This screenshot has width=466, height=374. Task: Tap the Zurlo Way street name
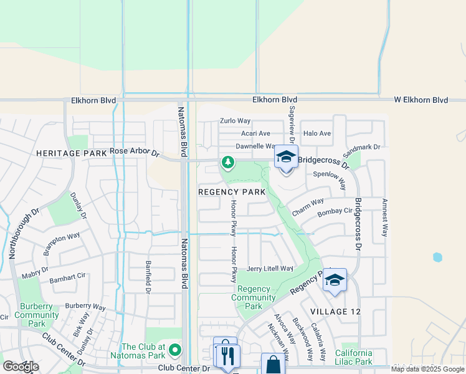tap(235, 121)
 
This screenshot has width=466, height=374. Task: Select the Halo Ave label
tap(316, 133)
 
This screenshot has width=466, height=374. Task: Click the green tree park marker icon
tap(228, 163)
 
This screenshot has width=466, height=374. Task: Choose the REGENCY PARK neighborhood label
tap(232, 192)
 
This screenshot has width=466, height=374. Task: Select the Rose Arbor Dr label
tap(135, 151)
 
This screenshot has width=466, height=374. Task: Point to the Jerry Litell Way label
tap(270, 269)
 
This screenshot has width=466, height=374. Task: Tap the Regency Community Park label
tap(254, 297)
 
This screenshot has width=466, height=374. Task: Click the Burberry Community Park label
tap(37, 315)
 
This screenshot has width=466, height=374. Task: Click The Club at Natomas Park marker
tap(175, 350)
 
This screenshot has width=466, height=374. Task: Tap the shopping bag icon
tap(272, 365)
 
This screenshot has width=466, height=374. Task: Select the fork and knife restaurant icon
tap(227, 356)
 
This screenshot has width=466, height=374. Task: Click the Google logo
tap(20, 367)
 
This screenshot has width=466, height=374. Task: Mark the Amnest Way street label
tap(384, 218)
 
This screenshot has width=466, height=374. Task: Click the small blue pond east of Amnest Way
tap(437, 257)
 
